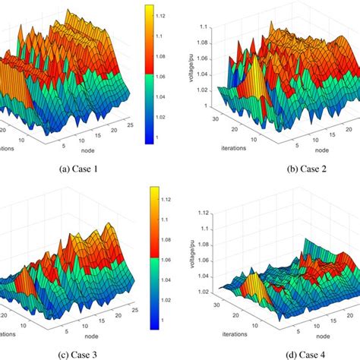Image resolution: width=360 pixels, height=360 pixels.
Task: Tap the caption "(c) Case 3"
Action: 89,351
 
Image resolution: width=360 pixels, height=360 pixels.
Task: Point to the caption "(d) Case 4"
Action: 276,351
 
